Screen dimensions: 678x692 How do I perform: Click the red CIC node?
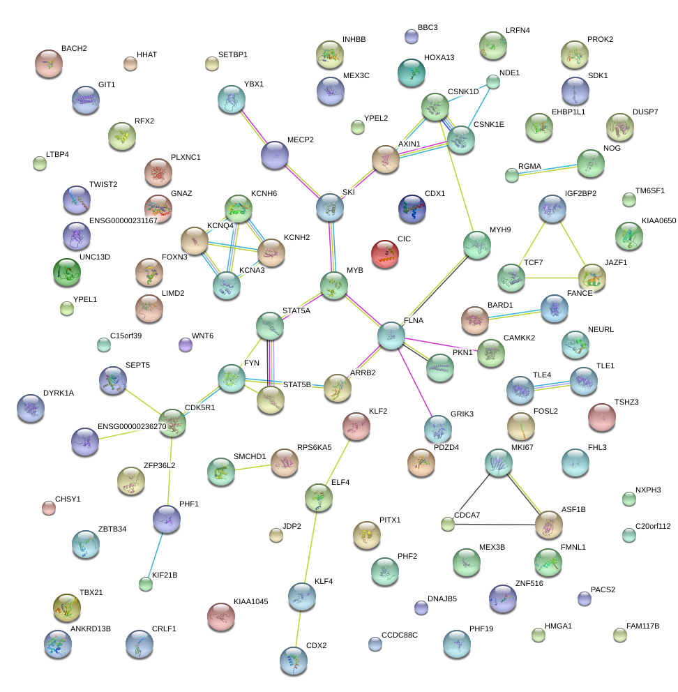coord(384,254)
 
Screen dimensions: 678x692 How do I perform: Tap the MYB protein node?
coord(334,285)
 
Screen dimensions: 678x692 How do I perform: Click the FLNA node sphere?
coord(391,336)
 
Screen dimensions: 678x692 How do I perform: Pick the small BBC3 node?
coord(412,36)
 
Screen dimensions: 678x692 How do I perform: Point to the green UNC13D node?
coord(67,273)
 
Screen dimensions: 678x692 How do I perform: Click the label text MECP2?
coord(301,140)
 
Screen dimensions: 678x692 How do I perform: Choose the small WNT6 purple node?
coord(186,345)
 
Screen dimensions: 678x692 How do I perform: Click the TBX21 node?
coord(67,608)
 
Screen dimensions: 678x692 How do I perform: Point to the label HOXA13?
coord(439,58)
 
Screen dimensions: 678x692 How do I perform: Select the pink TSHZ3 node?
coord(601,417)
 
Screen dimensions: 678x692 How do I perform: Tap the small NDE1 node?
coord(493,82)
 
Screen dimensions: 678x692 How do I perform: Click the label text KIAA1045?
coord(251,601)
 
